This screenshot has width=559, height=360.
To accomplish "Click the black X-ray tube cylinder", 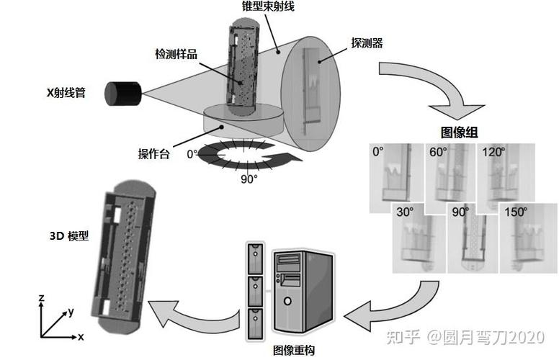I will point(123,94).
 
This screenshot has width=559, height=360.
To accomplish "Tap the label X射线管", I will point(66,92).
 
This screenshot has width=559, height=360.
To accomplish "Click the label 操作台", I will point(154,153).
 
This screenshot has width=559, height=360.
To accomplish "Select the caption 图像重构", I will point(293,351).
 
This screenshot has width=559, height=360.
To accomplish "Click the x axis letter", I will point(81,336).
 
